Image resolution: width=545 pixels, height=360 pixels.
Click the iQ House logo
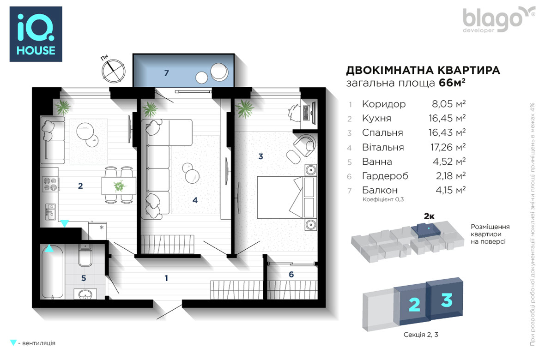coord(36,34)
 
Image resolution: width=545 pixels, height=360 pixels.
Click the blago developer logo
coord(498,20)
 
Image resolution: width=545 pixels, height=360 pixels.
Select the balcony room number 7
coord(166,73)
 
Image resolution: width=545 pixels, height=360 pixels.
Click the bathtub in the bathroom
coord(53,272)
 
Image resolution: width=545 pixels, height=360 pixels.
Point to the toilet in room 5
coord(85,255)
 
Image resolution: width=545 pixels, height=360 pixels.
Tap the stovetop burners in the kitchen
coord(49,184)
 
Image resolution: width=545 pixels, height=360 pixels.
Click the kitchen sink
coord(50,211)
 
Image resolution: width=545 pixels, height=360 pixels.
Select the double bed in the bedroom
coord(287,198)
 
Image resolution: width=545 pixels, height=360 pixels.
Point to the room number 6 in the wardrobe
coord(291,275)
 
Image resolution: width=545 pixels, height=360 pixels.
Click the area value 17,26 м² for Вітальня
coord(448,147)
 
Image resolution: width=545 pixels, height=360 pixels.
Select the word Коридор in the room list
coord(384,104)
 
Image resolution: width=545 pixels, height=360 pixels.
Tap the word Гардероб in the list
coord(385,176)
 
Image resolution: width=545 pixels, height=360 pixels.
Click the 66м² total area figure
coord(452,83)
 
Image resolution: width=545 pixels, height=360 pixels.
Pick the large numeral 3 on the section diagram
coord(447,300)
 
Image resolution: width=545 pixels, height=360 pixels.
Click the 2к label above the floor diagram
coord(429,216)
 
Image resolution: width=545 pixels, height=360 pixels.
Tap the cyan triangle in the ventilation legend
coord(13,342)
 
